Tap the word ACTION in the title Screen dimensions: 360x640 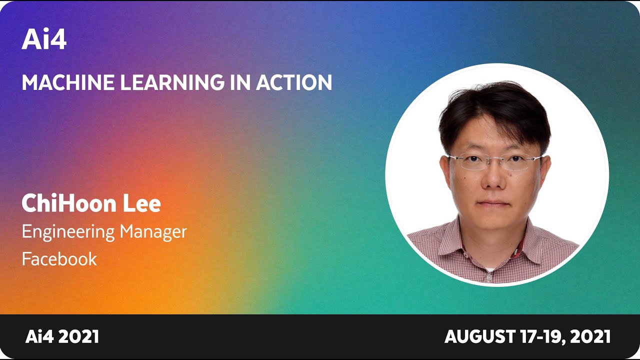pos(294,82)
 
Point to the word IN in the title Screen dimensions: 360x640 pos(240,82)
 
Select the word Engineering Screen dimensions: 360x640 pos(68,232)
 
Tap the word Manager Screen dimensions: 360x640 pos(153,231)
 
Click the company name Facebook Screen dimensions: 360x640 pos(59,258)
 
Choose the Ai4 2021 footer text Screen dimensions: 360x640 pos(62,336)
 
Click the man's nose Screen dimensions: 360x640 pos(494,180)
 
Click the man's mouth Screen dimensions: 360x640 pos(494,203)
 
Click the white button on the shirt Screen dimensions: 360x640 pos(488,275)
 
